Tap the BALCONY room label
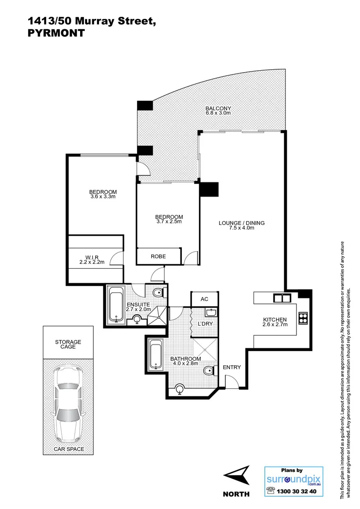218,108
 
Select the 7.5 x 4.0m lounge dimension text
242,228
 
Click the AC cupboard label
205,299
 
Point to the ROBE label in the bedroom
158,256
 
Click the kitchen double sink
282,298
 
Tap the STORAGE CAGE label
68,345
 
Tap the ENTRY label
232,368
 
